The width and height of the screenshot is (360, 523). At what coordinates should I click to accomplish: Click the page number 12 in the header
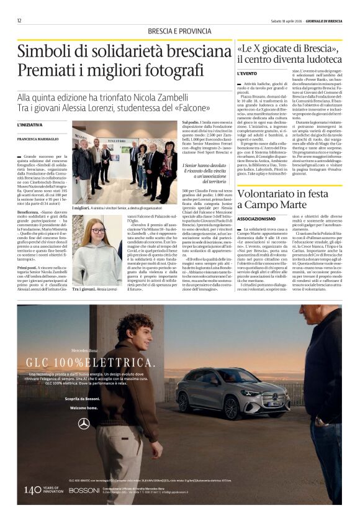click(x=19, y=20)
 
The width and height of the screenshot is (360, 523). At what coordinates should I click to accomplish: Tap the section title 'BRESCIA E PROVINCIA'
click(x=171, y=32)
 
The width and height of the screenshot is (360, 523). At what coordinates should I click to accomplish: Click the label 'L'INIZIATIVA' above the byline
click(x=30, y=125)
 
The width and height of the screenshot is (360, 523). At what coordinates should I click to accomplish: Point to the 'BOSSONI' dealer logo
click(x=84, y=490)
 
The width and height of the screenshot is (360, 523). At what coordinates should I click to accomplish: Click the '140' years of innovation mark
click(x=33, y=489)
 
